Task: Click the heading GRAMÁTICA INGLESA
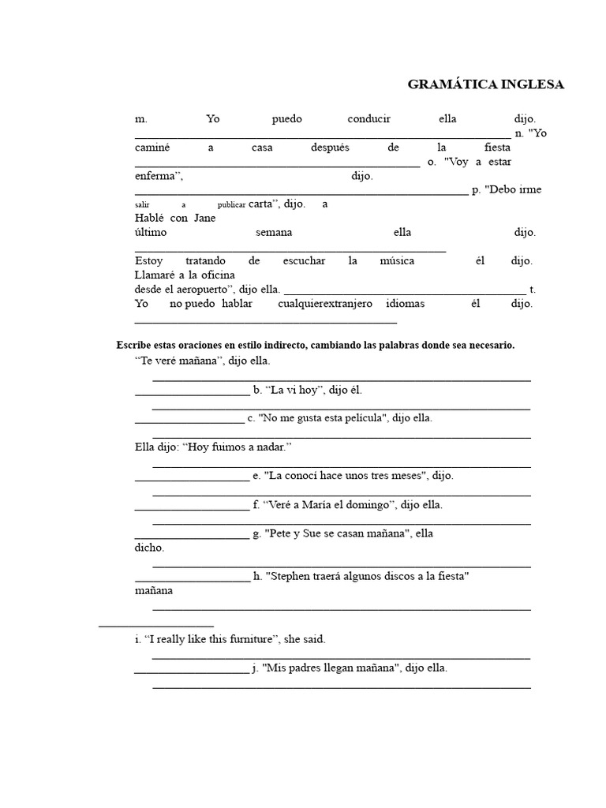485,85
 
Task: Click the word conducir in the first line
368,119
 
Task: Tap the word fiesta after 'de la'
497,148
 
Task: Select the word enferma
159,176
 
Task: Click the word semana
274,233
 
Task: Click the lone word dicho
150,548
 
